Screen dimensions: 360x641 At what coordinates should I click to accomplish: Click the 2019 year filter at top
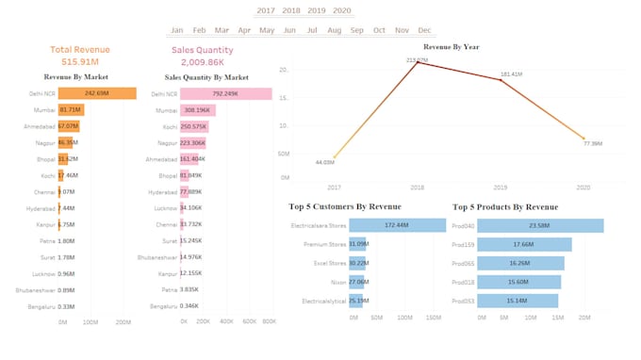point(317,10)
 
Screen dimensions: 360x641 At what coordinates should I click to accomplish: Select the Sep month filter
point(356,30)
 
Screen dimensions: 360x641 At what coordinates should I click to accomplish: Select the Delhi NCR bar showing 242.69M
point(97,93)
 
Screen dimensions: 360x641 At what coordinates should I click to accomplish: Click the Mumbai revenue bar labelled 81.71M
point(71,109)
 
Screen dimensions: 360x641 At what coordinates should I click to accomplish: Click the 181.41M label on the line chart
point(512,74)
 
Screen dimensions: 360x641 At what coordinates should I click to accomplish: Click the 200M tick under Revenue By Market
point(123,322)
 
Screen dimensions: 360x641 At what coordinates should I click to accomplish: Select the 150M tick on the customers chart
point(434,319)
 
